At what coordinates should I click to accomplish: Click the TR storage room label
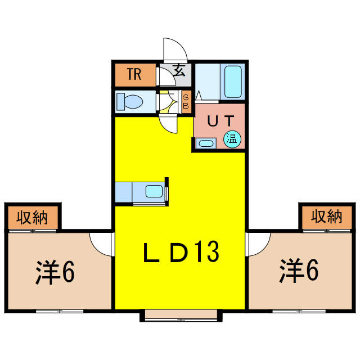pos(133,74)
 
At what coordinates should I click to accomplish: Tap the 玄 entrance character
pos(179,71)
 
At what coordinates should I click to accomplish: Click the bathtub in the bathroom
pos(232,82)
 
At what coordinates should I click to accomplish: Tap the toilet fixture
pos(130,102)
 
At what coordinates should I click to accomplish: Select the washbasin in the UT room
pos(206,143)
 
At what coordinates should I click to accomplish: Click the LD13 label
pos(180,253)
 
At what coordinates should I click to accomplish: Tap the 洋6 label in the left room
pos(55,272)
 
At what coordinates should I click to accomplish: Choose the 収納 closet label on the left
pos(31,216)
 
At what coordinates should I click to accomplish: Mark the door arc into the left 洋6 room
pos(101,243)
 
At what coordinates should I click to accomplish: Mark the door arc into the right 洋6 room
pos(258,243)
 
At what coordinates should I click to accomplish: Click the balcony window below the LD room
pos(179,316)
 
